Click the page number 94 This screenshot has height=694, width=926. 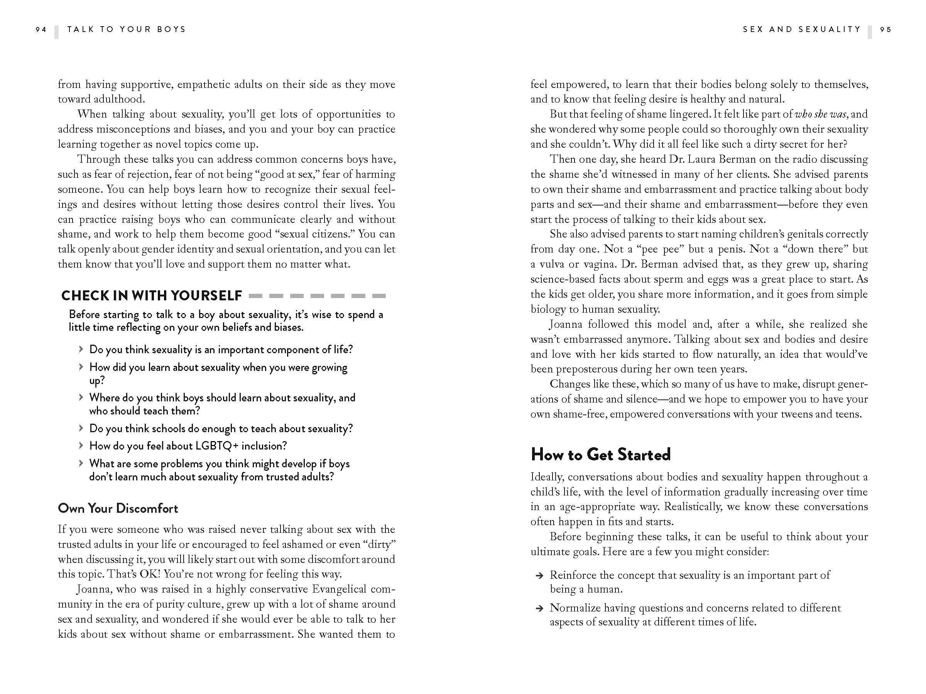pos(41,29)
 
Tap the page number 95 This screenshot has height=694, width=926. pos(886,29)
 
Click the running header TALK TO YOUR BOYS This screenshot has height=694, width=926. pos(127,29)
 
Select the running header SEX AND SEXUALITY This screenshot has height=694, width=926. pos(802,29)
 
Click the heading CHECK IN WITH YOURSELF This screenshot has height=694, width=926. pos(152,296)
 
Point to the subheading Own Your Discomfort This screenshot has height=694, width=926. pos(118,508)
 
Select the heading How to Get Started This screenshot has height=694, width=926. pos(600,455)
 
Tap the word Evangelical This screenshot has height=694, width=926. pos(339,589)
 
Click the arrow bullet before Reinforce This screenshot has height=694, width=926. pos(540,576)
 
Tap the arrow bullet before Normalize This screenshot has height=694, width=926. pos(540,609)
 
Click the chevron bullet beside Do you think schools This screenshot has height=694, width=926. pos(81,428)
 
